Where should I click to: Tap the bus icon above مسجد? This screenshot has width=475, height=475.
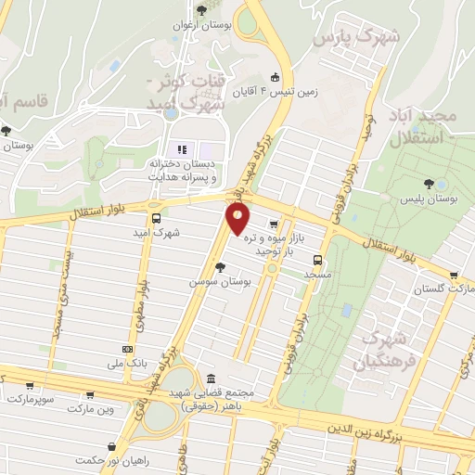317,260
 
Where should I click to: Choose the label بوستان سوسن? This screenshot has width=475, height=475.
215,279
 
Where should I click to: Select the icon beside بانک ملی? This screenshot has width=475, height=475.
127,349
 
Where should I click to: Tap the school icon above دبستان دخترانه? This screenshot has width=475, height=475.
182,149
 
